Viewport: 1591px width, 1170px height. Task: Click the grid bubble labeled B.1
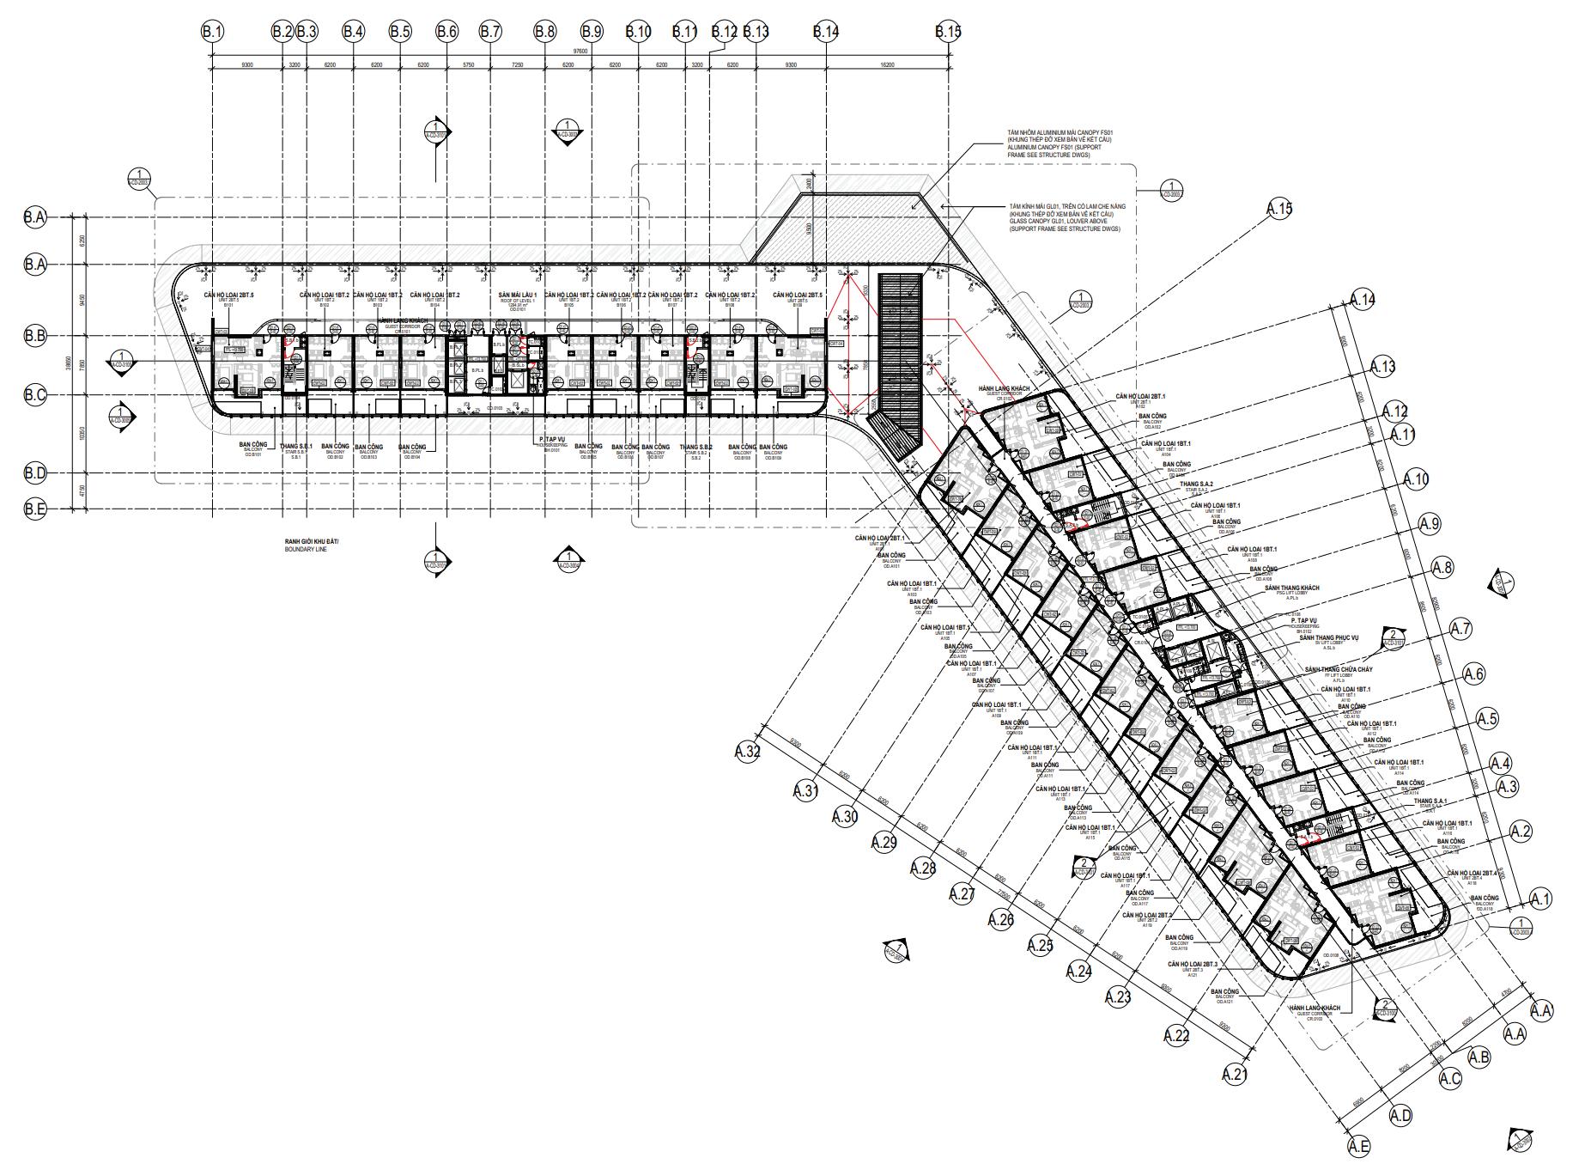click(x=212, y=32)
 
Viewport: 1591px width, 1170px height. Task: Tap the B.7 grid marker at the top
click(x=490, y=32)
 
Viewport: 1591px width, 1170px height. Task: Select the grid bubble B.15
click(x=948, y=32)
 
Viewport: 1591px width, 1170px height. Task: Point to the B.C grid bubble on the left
click(x=34, y=395)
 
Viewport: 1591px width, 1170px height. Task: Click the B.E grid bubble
click(x=34, y=509)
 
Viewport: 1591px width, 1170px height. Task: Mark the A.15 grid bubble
click(x=1278, y=209)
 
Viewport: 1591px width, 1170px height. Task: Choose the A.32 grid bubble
click(x=748, y=752)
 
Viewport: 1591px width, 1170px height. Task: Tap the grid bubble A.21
click(x=1235, y=1074)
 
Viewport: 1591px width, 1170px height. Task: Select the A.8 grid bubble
click(x=1442, y=567)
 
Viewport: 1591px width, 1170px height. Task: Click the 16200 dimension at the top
click(x=887, y=64)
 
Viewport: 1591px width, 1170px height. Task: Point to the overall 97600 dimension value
click(x=580, y=52)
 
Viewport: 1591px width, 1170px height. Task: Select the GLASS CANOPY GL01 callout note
click(x=1065, y=222)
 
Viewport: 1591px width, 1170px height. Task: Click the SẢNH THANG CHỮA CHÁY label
click(x=1338, y=669)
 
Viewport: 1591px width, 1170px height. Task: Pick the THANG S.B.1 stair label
click(x=295, y=447)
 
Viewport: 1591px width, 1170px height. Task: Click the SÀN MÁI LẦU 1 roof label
click(x=518, y=296)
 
